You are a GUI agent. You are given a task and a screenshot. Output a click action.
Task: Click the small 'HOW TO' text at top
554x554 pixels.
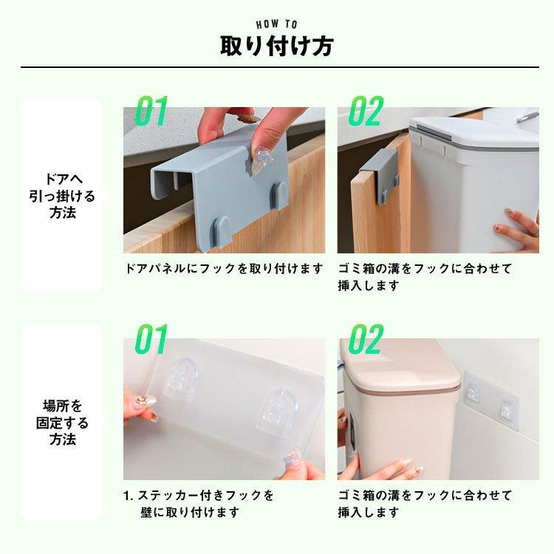coord(277,24)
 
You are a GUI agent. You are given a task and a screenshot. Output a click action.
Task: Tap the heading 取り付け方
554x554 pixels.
coord(277,46)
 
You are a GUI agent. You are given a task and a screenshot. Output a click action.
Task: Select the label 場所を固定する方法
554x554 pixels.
coord(64,422)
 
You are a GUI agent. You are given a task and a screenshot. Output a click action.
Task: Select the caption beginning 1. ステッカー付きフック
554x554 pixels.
coord(199,504)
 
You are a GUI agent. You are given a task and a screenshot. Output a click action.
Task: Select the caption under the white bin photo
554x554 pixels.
coord(425,277)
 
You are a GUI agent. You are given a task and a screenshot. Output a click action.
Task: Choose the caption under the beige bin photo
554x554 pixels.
coord(425,504)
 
